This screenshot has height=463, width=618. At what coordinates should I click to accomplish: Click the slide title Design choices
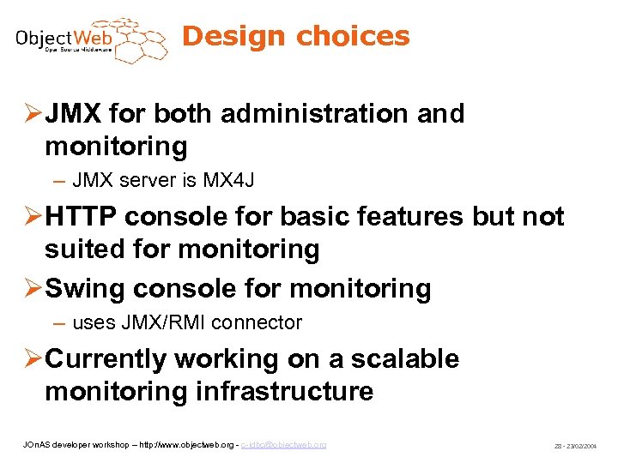[x=296, y=36]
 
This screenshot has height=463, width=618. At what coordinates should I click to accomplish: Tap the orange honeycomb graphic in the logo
[x=131, y=39]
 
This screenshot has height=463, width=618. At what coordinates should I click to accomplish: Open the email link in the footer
[x=283, y=445]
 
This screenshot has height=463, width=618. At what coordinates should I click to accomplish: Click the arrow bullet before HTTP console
[x=27, y=218]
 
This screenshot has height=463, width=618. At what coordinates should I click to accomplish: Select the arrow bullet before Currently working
[x=27, y=360]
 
